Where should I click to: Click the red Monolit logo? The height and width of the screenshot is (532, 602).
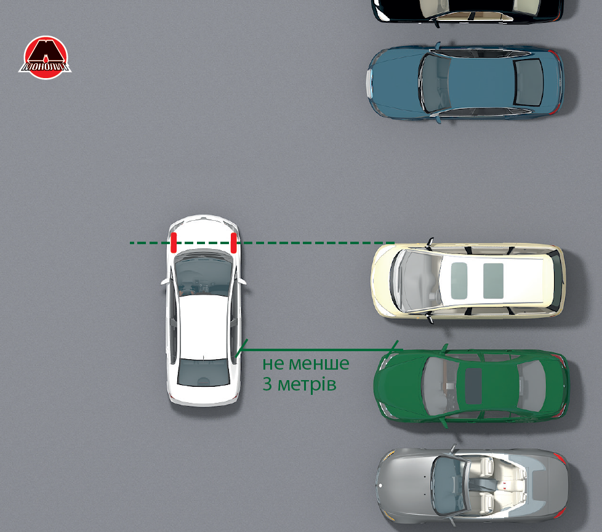pos(46,58)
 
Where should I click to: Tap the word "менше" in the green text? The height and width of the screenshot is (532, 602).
pos(319,363)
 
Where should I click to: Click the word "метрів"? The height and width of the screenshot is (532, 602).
pos(307,384)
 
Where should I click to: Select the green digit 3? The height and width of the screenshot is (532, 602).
pos(267,384)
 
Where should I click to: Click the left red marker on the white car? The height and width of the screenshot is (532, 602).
pos(174,242)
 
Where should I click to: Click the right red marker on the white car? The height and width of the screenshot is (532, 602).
pos(233,242)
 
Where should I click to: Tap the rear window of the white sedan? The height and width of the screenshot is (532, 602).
pos(204,373)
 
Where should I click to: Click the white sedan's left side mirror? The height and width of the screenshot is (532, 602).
pos(165,282)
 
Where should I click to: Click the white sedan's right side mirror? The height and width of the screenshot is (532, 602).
pos(242,281)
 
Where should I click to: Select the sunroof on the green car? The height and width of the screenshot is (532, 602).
pos(473,386)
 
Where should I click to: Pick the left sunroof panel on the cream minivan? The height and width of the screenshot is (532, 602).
pos(459,281)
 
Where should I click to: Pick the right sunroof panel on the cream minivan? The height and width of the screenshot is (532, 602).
pos(493,281)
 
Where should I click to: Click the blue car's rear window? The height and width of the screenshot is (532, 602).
pos(528,82)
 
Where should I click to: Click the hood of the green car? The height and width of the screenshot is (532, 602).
pos(399,386)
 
